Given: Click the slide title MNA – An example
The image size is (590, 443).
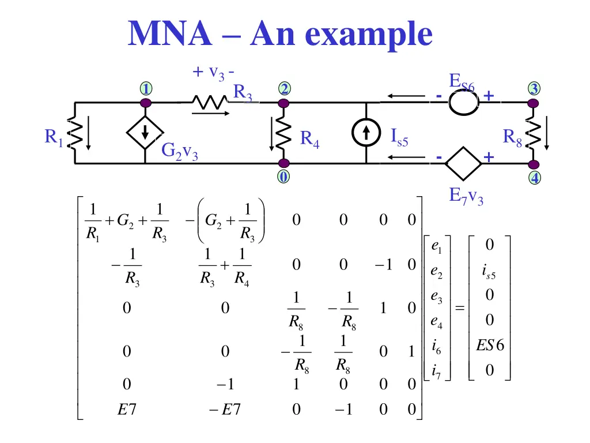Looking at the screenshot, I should pos(281,34).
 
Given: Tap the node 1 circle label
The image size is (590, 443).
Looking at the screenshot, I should pos(146,89).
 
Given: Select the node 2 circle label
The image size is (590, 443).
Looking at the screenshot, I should pos(283,89).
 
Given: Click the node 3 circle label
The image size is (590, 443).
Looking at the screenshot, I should pos(534,89).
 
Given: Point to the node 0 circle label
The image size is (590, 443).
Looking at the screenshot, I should pos(283,177).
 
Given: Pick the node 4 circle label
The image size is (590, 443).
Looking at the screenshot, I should pos(535,178).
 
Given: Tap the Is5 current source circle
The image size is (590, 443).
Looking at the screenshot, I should pos(366,133).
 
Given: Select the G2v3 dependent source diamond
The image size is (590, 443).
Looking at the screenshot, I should pos(145,133).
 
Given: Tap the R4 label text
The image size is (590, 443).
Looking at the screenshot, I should pos(309,139).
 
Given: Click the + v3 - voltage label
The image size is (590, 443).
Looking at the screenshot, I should pos(213,73).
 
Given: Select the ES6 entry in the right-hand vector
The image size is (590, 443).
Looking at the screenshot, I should pos(489,346).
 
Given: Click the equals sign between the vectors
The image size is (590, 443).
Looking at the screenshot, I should pos(460,309).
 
